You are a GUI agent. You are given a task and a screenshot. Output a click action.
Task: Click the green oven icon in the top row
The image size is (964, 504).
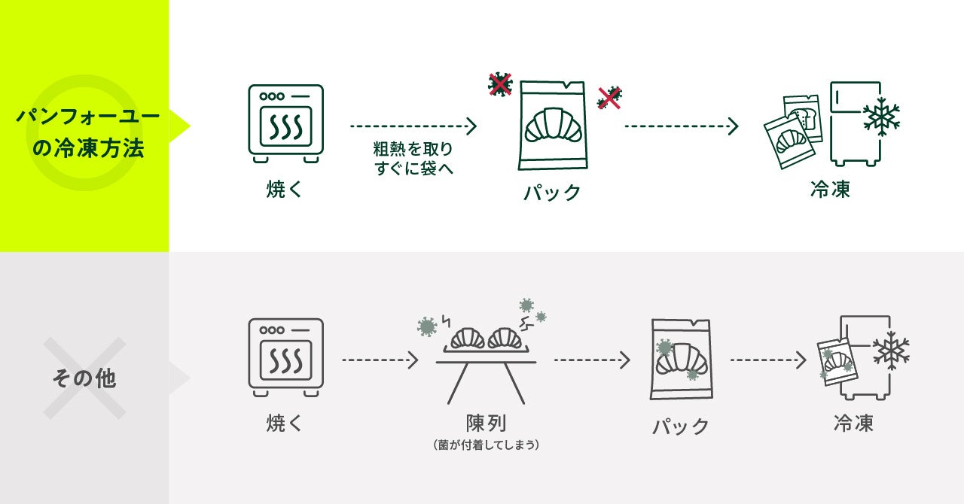(285, 123)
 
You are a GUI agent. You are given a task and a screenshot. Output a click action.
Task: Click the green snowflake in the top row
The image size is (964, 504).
(881, 117)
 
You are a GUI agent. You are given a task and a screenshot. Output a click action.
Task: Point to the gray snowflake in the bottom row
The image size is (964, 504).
(891, 351)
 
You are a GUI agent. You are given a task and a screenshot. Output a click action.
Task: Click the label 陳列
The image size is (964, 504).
(487, 422)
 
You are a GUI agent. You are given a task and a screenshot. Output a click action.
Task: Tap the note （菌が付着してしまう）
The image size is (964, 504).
(487, 445)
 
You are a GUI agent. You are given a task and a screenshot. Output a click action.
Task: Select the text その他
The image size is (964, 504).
(84, 378)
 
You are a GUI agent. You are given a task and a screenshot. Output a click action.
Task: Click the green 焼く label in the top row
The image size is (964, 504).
(285, 189)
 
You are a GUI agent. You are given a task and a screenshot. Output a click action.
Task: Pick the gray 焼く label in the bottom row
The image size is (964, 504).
(285, 423)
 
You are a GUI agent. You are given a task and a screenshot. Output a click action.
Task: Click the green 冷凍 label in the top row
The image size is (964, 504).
(830, 189)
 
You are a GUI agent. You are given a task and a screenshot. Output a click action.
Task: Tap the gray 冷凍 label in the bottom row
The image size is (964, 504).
(853, 423)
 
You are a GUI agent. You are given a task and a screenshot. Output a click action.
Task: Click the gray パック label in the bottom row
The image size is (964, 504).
(680, 427)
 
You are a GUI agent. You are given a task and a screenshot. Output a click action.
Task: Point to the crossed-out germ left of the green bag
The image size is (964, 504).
(500, 84)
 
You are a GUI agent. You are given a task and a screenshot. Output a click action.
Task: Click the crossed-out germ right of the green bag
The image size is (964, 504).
(609, 98)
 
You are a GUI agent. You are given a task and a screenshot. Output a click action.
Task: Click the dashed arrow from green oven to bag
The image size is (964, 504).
(413, 126)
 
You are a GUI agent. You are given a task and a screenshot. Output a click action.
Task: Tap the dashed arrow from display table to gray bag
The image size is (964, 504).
(592, 360)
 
